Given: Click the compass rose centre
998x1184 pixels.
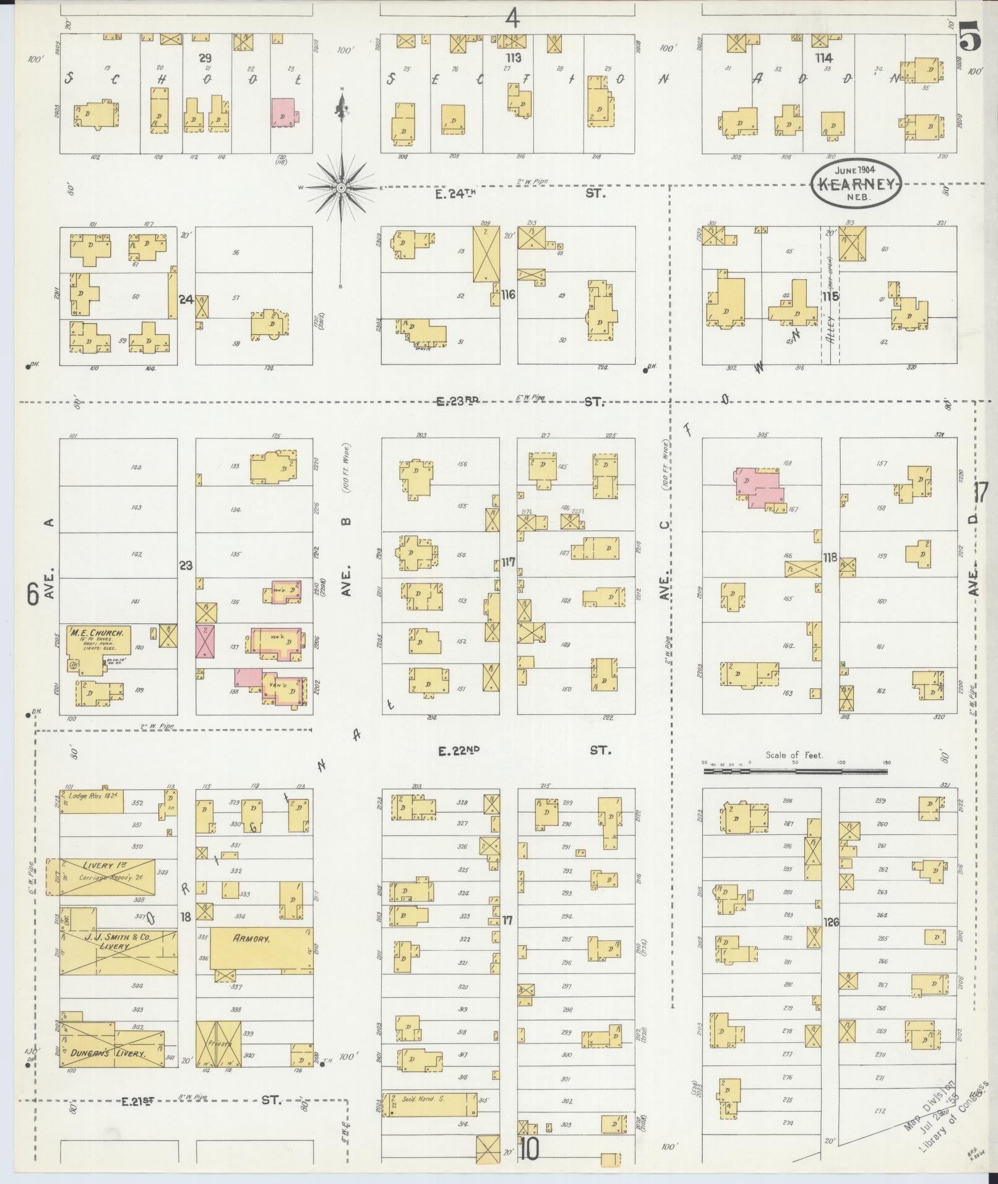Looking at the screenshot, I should [x=341, y=187].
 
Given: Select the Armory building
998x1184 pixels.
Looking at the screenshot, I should [x=260, y=956].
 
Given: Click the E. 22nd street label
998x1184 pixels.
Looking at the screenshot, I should [x=459, y=751].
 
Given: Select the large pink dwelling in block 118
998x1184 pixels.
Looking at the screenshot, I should [x=759, y=487].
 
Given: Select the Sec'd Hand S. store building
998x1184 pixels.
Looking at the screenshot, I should [x=429, y=1104].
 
